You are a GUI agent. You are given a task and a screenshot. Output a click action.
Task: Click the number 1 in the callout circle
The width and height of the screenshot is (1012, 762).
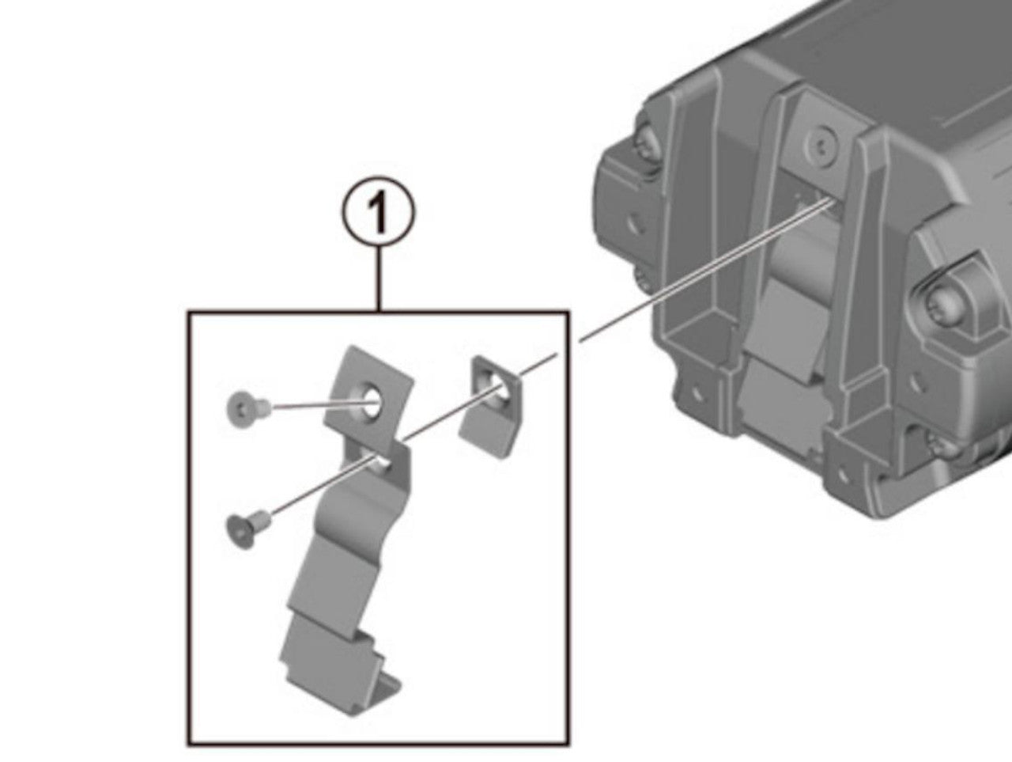379,212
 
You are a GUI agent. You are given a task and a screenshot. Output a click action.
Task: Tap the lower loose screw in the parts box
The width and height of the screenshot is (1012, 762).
247,529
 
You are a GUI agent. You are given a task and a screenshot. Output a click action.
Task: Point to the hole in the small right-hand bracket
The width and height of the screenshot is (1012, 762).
499,385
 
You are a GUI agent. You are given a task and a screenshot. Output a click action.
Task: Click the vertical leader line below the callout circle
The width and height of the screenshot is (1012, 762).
379,279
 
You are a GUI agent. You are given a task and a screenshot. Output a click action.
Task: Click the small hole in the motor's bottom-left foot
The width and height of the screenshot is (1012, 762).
697,394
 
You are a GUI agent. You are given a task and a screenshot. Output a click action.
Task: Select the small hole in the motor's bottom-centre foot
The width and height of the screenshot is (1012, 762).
843,473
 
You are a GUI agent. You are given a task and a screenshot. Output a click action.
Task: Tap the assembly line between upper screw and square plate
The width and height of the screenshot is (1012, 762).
317,406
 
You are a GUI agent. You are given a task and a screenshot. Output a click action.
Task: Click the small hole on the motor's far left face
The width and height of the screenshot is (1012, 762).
635,225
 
